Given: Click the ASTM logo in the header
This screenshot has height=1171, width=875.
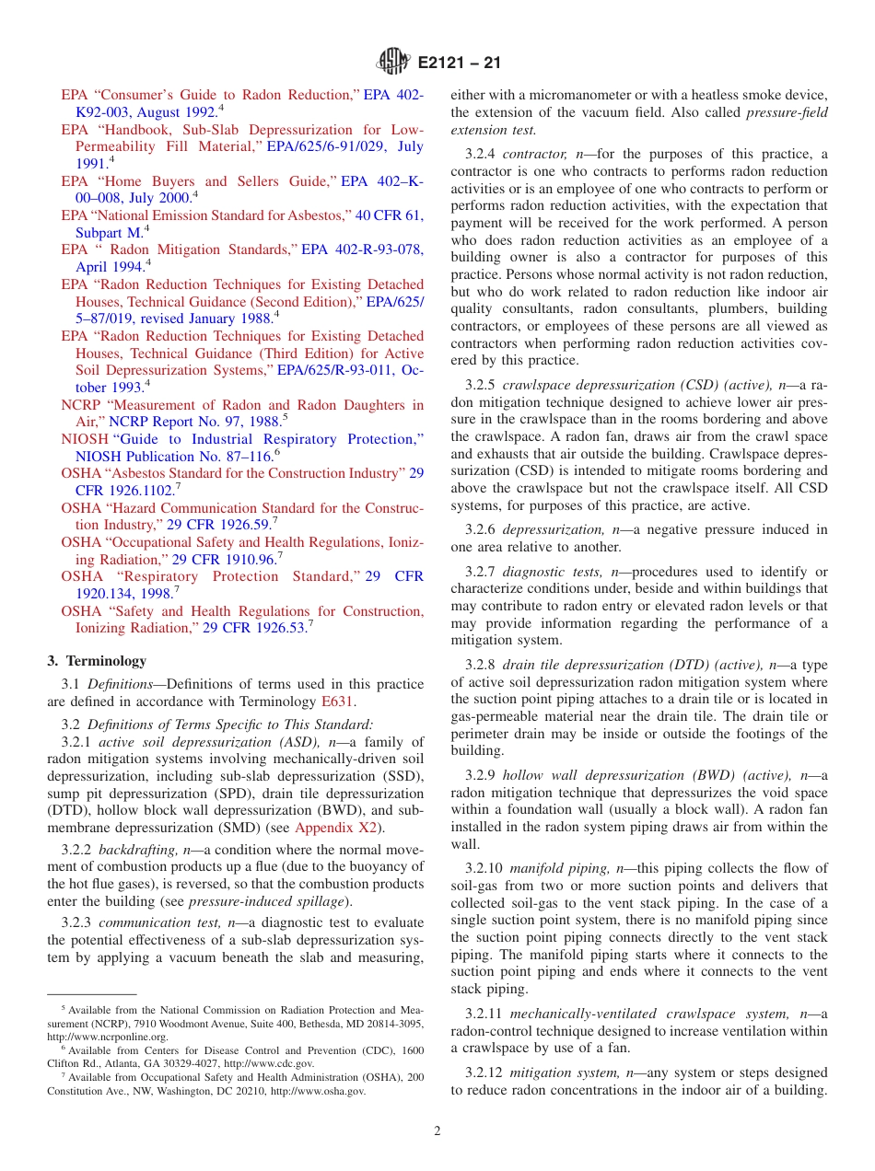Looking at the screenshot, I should [x=394, y=64].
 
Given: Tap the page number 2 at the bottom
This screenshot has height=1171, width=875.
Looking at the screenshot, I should [x=437, y=1131].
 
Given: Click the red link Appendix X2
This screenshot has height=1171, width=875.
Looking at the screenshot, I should [x=335, y=829].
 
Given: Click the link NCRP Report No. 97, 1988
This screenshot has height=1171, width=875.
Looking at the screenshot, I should [x=195, y=422].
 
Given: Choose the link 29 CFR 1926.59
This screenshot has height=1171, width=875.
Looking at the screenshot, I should [x=217, y=526].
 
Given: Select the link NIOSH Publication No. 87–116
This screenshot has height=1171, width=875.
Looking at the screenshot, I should [x=172, y=457].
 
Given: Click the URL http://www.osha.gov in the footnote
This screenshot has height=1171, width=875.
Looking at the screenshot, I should [x=329, y=1092].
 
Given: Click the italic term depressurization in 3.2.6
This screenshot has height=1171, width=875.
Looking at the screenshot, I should [x=550, y=530].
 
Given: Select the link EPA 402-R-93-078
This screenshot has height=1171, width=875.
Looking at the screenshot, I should [x=362, y=250].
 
